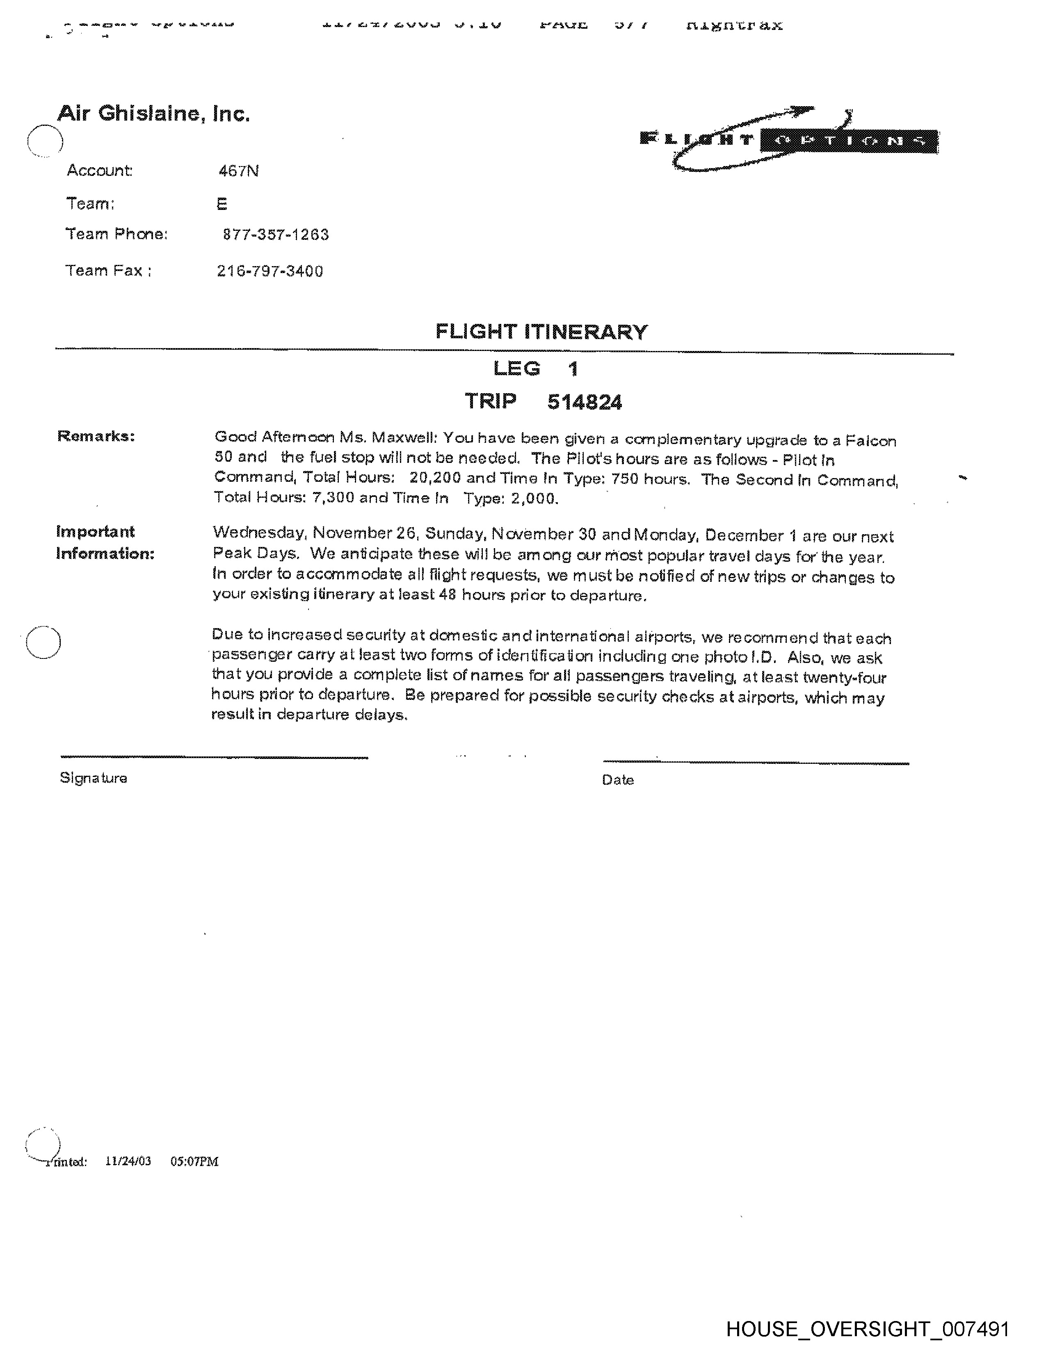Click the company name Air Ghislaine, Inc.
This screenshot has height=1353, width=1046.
pyautogui.click(x=154, y=114)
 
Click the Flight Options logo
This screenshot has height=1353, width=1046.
pyautogui.click(x=789, y=140)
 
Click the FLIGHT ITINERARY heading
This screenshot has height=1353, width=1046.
pyautogui.click(x=541, y=332)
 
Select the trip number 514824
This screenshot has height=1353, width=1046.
pyautogui.click(x=585, y=403)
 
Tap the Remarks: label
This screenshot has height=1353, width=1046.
pyautogui.click(x=96, y=436)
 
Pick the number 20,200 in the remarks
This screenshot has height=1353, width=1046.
pyautogui.click(x=435, y=478)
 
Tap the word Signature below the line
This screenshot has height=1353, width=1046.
pyautogui.click(x=94, y=778)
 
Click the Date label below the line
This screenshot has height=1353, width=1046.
pyautogui.click(x=618, y=780)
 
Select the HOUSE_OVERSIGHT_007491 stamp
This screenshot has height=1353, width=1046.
pyautogui.click(x=868, y=1329)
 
